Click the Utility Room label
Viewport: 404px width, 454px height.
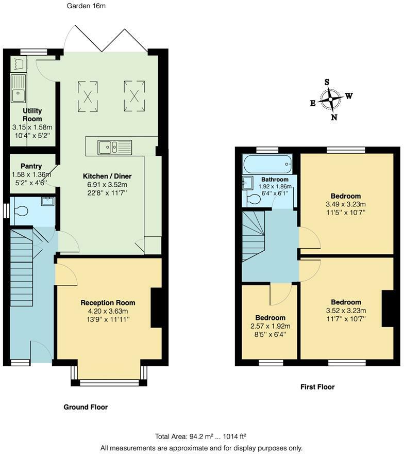pyautogui.click(x=32, y=115)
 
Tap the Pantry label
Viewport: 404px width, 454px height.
pyautogui.click(x=31, y=166)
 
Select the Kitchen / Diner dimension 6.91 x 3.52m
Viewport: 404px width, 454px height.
pyautogui.click(x=107, y=185)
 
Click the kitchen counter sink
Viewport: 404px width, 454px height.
pyautogui.click(x=115, y=148)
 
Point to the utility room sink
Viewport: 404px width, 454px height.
pyautogui.click(x=18, y=89)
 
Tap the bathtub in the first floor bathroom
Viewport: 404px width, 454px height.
pyautogui.click(x=267, y=164)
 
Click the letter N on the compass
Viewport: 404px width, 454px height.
pyautogui.click(x=334, y=117)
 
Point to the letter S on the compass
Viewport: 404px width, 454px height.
pyautogui.click(x=327, y=82)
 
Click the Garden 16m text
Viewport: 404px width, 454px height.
pyautogui.click(x=86, y=6)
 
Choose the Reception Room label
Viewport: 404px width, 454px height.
pyautogui.click(x=108, y=303)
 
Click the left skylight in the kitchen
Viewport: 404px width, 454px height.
pyautogui.click(x=88, y=96)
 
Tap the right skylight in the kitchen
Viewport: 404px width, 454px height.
pyautogui.click(x=134, y=96)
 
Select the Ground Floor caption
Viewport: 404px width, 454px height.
pyautogui.click(x=86, y=407)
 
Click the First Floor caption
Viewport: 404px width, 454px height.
pyautogui.click(x=317, y=387)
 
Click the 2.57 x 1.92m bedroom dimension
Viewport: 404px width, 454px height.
pyautogui.click(x=271, y=326)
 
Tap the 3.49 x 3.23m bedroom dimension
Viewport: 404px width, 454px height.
pyautogui.click(x=346, y=204)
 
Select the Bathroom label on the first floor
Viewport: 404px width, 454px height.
pyautogui.click(x=275, y=180)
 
